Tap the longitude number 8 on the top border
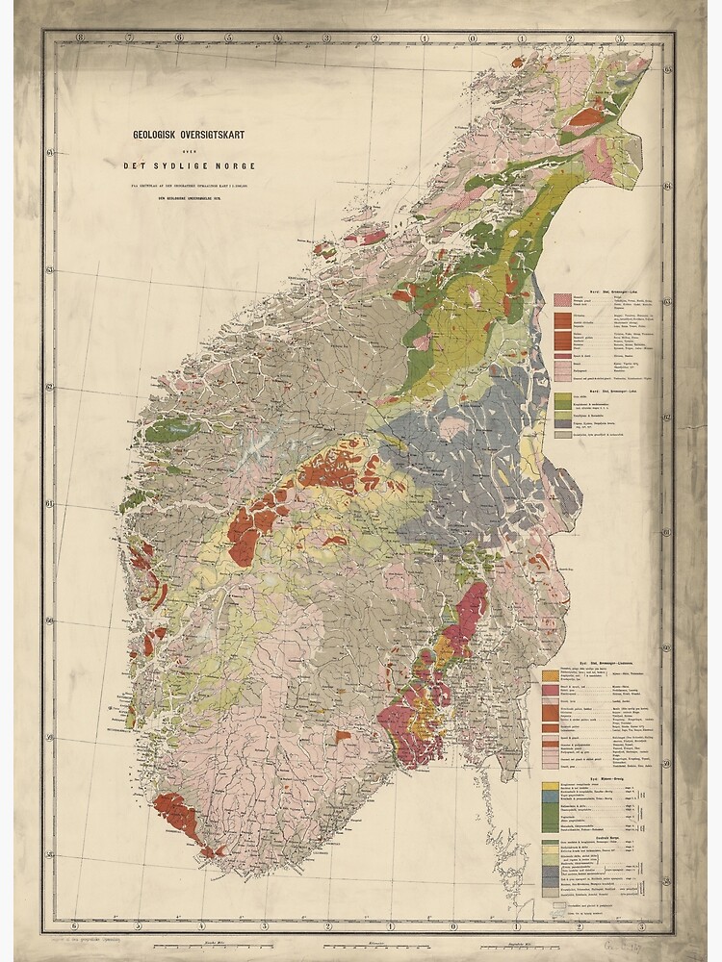click(x=81, y=38)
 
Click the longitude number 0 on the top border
click(x=473, y=38)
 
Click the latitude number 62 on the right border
click(x=667, y=417)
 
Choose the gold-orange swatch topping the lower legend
click(x=551, y=675)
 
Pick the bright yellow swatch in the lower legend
click(x=551, y=786)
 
